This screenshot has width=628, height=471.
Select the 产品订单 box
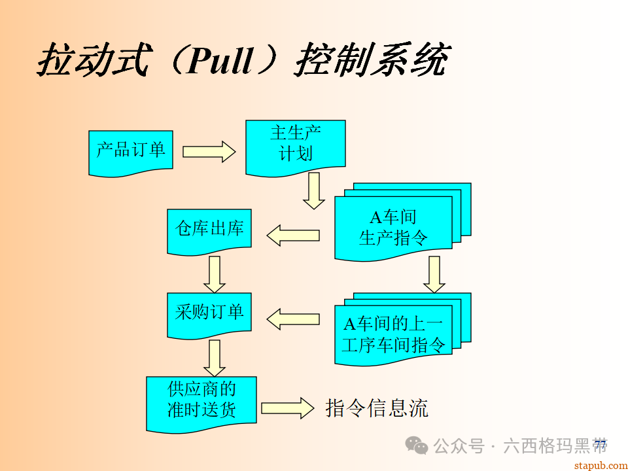pos(131,151)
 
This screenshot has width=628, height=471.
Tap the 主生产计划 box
pos(295,145)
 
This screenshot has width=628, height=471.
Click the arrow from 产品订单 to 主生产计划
pos(209,152)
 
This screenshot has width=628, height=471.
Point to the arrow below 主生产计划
pos(314,190)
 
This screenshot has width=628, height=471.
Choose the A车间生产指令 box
pos(393,227)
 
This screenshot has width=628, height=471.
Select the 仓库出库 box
pos(209,230)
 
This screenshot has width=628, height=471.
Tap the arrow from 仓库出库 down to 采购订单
pos(214,274)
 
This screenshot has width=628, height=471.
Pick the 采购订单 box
pos(209,313)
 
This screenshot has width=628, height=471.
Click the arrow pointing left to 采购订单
pos(292,319)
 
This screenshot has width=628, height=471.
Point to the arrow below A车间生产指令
pos(434,274)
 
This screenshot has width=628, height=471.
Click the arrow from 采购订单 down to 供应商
pos(214,358)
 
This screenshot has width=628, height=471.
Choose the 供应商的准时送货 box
pos(201,401)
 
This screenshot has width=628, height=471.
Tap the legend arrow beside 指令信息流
pos(287,408)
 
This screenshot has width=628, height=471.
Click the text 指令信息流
pos(377,408)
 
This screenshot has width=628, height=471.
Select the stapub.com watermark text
pos(599,464)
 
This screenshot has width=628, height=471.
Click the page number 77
pos(601,445)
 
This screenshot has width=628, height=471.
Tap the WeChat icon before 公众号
pos(417,445)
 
